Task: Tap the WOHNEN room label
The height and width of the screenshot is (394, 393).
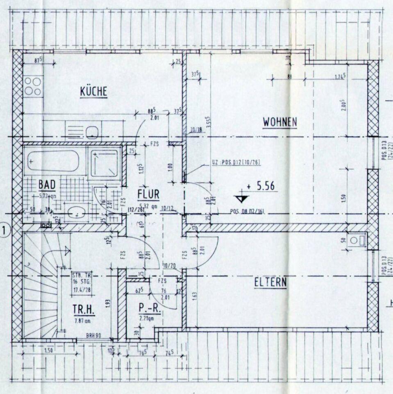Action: [280, 122]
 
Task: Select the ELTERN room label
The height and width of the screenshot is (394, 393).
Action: [270, 282]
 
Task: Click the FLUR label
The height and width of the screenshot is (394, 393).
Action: [148, 193]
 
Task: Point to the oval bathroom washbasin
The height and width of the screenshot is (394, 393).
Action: [76, 213]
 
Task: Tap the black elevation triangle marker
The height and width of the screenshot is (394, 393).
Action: [242, 199]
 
